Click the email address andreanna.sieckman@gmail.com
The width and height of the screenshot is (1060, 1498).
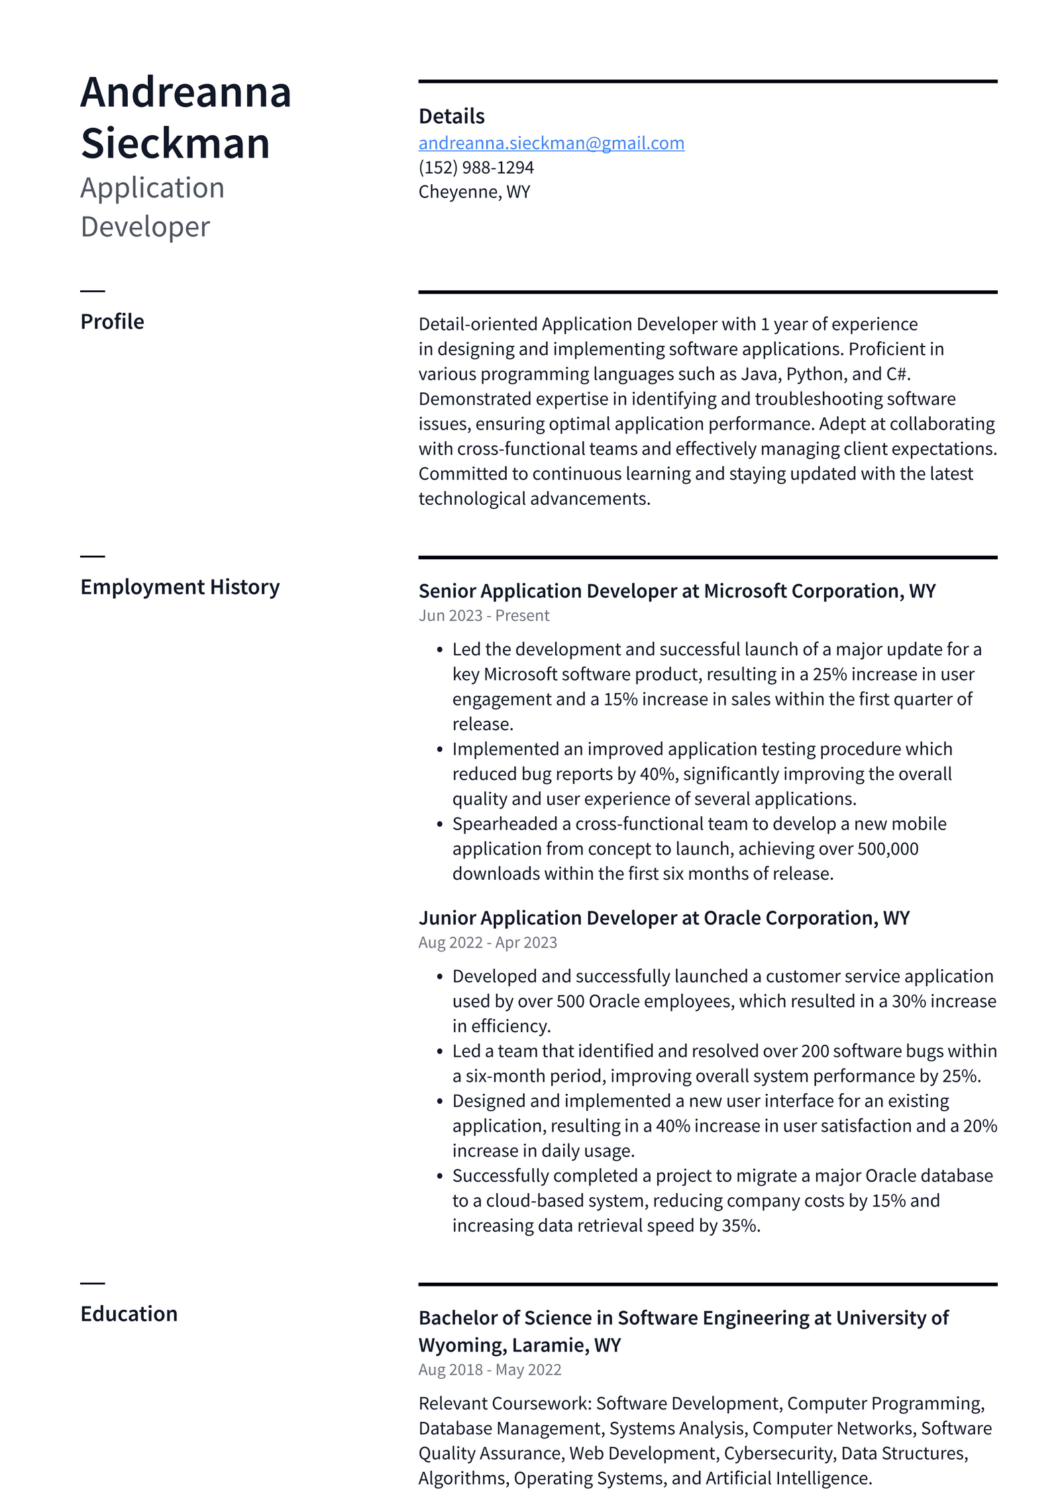point(551,143)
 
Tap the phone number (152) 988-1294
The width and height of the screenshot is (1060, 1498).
point(476,168)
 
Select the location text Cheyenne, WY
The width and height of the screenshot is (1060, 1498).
point(474,192)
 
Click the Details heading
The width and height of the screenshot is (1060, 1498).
point(451,117)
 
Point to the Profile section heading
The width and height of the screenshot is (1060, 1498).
point(112,322)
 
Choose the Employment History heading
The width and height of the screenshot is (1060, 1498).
point(180,588)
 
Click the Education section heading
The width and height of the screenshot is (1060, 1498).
point(129,1314)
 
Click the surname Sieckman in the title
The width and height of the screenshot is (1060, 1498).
point(176,143)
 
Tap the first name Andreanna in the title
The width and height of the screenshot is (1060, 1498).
point(185,92)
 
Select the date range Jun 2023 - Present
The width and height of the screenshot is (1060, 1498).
point(484,616)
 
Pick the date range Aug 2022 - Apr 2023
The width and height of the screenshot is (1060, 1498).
point(488,943)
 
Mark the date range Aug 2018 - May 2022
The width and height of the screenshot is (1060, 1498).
point(490,1370)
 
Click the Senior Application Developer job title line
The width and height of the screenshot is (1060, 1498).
point(676,591)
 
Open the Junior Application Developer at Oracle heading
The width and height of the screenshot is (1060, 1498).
point(664,918)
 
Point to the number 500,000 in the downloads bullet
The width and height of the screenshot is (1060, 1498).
point(888,849)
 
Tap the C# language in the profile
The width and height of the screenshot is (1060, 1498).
point(897,374)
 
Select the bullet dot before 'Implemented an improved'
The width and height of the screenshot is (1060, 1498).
point(439,750)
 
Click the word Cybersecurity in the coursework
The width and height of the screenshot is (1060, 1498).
point(778,1454)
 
